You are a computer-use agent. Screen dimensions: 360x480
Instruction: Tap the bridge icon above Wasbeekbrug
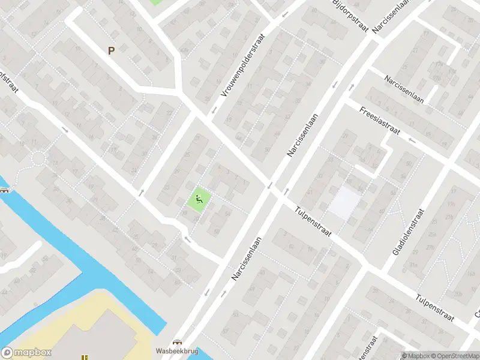[177, 341]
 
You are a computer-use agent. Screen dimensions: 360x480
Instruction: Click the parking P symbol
[111, 51]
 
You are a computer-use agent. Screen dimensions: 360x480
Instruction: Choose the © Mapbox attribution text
[416, 356]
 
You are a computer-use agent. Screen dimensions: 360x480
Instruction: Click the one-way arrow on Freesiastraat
[411, 140]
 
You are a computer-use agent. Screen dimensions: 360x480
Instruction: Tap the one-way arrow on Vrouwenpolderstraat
[213, 110]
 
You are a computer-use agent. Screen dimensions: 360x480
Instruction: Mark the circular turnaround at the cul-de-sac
[38, 159]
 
